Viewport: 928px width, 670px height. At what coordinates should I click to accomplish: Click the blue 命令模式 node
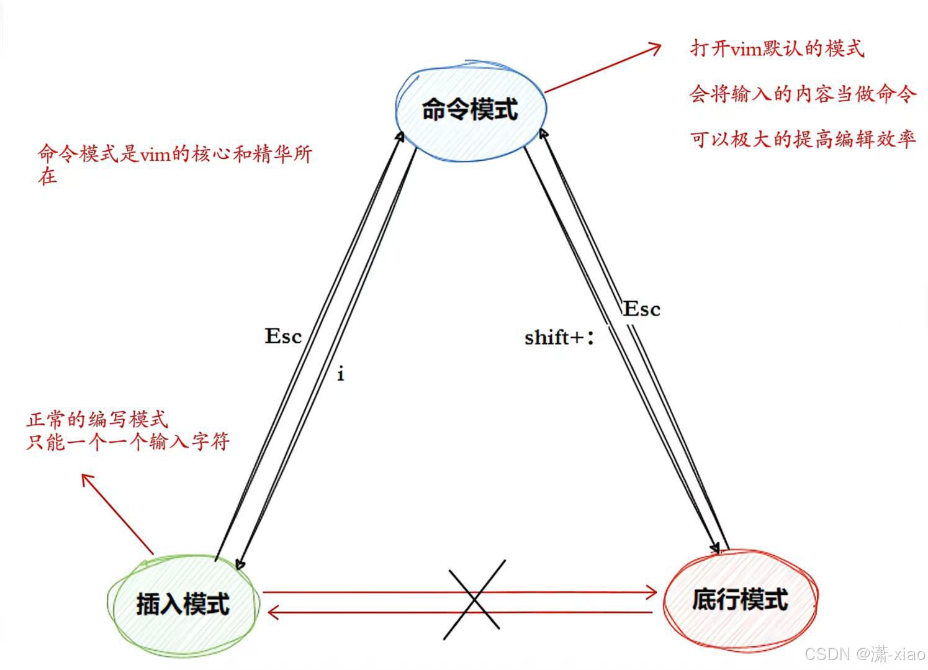pyautogui.click(x=471, y=110)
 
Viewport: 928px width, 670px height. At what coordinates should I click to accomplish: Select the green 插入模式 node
pyautogui.click(x=182, y=604)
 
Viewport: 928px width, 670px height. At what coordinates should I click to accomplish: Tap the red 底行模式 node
pyautogui.click(x=740, y=600)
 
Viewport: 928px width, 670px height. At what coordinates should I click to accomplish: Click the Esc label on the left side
pyautogui.click(x=283, y=336)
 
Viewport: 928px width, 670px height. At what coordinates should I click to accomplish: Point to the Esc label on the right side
pyautogui.click(x=642, y=309)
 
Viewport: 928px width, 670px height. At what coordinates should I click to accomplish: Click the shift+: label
pyautogui.click(x=559, y=337)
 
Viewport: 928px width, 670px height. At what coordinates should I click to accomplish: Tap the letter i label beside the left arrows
pyautogui.click(x=340, y=374)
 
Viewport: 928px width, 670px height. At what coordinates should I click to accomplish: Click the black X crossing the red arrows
pyautogui.click(x=474, y=600)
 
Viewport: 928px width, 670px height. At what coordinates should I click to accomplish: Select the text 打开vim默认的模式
pyautogui.click(x=777, y=48)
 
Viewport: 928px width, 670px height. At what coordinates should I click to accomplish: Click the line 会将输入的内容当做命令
pyautogui.click(x=803, y=94)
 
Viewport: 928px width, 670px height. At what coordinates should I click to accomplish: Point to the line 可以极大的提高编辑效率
pyautogui.click(x=803, y=138)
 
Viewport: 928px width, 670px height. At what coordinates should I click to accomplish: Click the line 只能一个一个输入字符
pyautogui.click(x=128, y=441)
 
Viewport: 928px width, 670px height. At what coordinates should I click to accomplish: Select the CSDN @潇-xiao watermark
pyautogui.click(x=865, y=653)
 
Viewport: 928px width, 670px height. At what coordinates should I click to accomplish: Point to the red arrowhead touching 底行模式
pyautogui.click(x=653, y=592)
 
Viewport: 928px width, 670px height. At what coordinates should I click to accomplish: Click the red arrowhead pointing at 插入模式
pyautogui.click(x=271, y=613)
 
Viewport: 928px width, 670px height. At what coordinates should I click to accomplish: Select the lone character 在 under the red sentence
pyautogui.click(x=47, y=177)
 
